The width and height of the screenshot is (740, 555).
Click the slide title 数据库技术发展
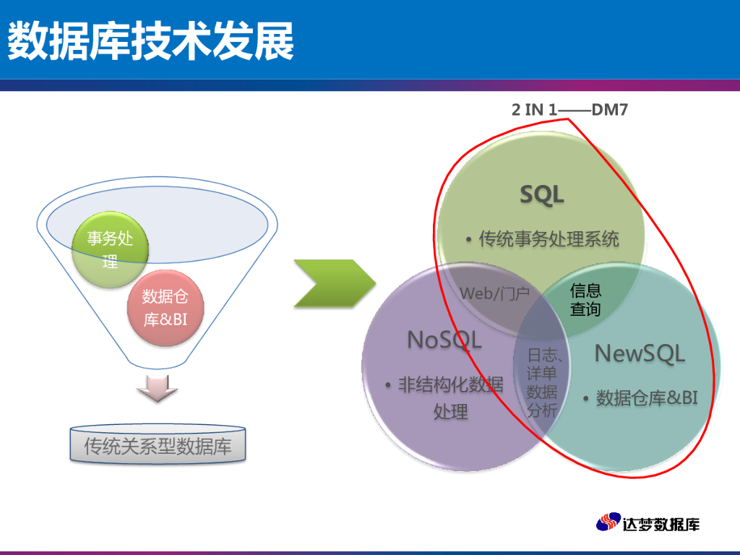[151, 40]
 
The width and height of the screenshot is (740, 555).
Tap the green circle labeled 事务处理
[110, 249]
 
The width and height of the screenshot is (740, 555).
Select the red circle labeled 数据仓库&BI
[165, 308]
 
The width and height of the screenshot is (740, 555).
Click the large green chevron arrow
[335, 283]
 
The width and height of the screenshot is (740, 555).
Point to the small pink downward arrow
[157, 388]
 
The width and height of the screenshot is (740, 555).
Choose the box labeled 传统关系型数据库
[158, 444]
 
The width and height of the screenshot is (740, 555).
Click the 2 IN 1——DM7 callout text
[569, 110]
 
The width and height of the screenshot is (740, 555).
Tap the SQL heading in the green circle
[542, 194]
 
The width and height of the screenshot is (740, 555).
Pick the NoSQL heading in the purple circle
[444, 340]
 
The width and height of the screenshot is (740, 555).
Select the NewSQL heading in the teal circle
[640, 353]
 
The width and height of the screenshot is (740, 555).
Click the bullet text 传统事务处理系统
[548, 238]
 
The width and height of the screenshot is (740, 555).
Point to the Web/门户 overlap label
[494, 293]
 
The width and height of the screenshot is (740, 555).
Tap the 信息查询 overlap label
[585, 300]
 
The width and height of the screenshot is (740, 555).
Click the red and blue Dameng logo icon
[608, 522]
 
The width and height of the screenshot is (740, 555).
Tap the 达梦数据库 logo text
[661, 524]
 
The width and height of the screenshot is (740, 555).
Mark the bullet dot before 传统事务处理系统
[468, 240]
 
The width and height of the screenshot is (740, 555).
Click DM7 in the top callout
[610, 110]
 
